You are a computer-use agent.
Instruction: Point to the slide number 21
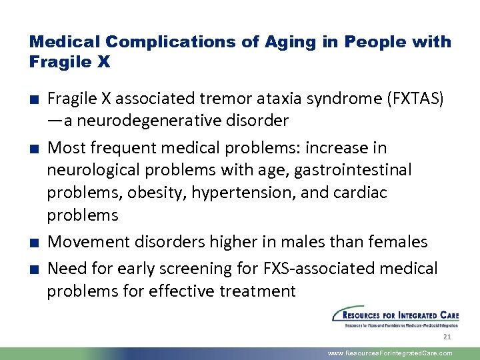pyautogui.click(x=447, y=337)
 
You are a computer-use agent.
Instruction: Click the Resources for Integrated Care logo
pyautogui.click(x=391, y=317)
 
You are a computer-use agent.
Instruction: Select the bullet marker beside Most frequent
pyautogui.click(x=33, y=148)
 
